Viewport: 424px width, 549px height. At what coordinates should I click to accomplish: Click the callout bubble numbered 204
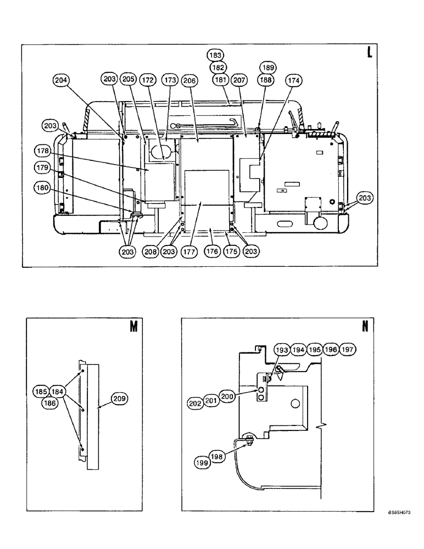[62, 80]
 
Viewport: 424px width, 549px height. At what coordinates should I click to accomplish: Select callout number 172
[148, 80]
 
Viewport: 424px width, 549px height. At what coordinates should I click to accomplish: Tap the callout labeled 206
[189, 80]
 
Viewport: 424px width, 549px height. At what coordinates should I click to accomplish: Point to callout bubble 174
[294, 80]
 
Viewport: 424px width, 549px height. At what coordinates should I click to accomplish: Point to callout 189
[267, 68]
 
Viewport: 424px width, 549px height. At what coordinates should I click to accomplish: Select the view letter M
[132, 327]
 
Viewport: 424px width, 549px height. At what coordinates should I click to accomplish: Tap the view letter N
[365, 327]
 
